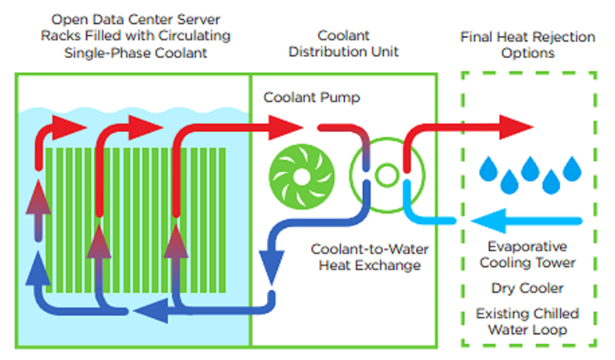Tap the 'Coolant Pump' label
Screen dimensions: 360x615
coord(312,98)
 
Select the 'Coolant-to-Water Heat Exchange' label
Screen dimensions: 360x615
coord(369,257)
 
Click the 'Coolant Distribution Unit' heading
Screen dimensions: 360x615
coord(343,44)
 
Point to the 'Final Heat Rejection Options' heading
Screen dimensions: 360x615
coord(527,45)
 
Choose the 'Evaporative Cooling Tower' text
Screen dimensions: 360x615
coord(527,254)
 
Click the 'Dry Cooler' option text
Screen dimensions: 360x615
coord(527,288)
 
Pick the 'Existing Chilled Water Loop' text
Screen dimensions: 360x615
coord(527,321)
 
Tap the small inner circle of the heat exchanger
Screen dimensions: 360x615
coord(386,174)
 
